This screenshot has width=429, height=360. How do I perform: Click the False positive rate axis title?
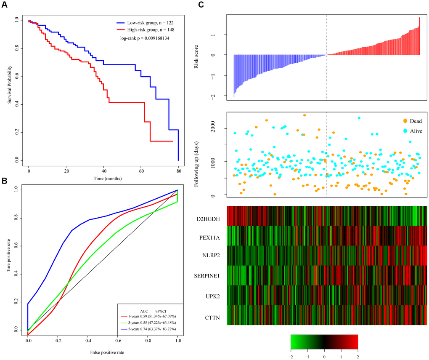[103, 352]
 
